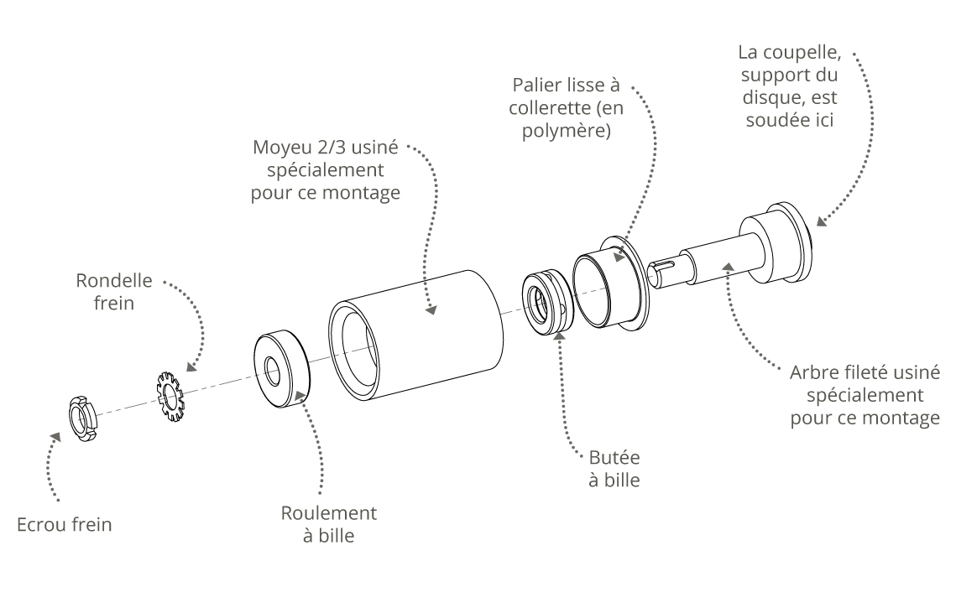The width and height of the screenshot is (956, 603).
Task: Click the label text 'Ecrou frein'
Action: coord(64,526)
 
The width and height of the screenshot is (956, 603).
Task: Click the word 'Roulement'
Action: coord(328,513)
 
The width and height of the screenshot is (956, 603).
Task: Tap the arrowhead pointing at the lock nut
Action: coord(56,437)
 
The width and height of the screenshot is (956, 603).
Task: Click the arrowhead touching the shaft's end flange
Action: coord(821,222)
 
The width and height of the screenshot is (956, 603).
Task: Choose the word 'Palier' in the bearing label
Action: coord(533,87)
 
